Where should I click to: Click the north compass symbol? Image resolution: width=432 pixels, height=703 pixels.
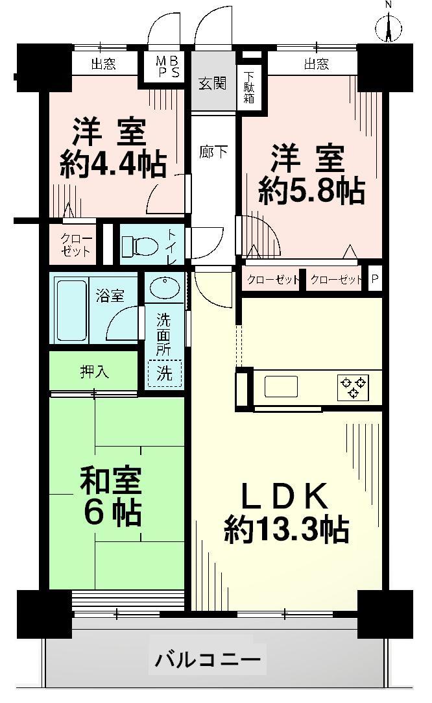click(389, 27)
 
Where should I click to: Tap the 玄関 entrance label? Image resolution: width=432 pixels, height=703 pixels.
click(212, 84)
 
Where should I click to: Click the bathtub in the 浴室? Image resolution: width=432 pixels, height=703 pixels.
click(71, 310)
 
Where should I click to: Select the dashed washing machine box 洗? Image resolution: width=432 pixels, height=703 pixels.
click(165, 373)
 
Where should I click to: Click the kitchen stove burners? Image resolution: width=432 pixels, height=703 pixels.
click(353, 387)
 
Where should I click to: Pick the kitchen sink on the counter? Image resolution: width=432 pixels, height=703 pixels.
click(281, 386)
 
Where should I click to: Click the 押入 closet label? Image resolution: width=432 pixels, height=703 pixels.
click(95, 372)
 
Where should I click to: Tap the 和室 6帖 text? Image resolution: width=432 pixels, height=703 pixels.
click(110, 497)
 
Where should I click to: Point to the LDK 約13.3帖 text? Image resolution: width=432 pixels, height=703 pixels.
click(287, 513)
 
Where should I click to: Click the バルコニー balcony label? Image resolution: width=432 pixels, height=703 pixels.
click(208, 660)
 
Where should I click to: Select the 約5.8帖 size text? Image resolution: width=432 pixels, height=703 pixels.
click(311, 191)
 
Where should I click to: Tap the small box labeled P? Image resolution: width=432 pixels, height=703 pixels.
click(374, 280)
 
